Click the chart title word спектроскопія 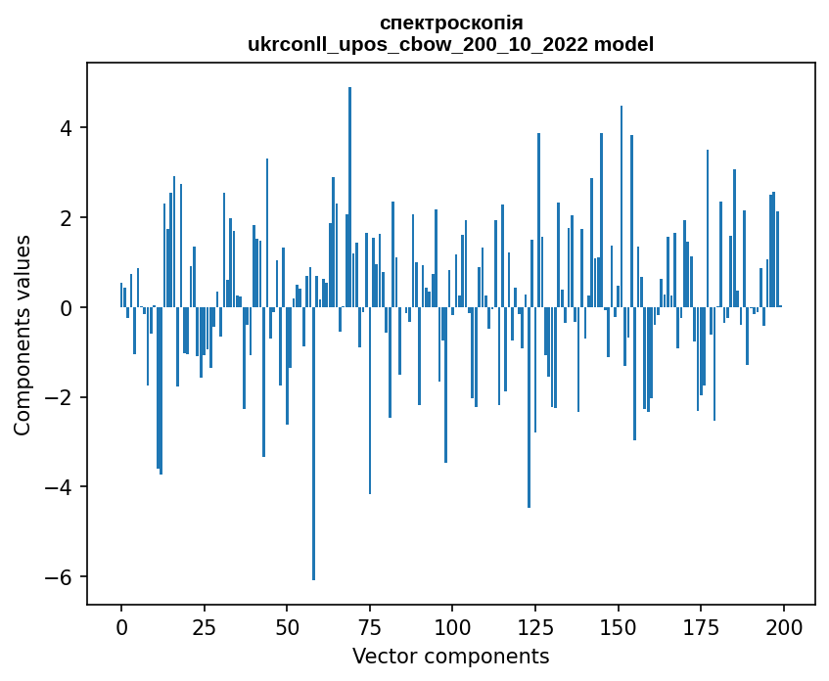coord(450,23)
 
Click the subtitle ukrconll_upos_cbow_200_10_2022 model coord(450,44)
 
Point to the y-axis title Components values coord(23,335)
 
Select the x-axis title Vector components coord(450,656)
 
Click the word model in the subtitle coord(626,44)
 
